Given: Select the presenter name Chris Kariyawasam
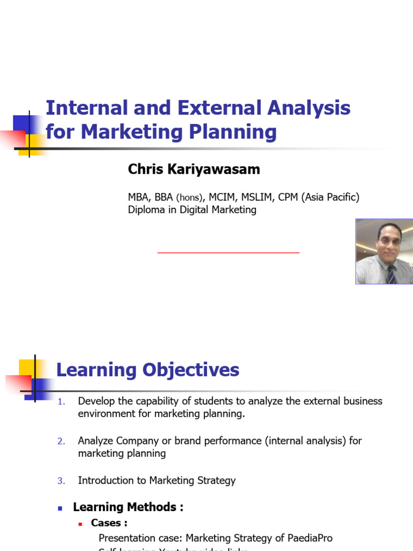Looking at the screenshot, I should click(194, 169).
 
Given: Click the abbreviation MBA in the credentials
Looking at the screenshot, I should click(137, 197).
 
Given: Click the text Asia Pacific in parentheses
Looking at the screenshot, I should click(329, 197).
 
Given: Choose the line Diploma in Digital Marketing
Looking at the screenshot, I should click(192, 210).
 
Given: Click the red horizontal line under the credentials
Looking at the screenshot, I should click(228, 252).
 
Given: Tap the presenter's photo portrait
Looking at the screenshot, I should click(384, 251).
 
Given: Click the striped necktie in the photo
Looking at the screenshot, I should click(391, 274).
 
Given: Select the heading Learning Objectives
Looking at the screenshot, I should click(148, 370).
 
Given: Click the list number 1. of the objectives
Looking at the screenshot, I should click(61, 401).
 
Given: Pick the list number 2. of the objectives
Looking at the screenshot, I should click(61, 441).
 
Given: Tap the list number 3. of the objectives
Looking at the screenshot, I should click(61, 481).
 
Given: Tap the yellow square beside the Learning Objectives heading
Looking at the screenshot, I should click(27, 368).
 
